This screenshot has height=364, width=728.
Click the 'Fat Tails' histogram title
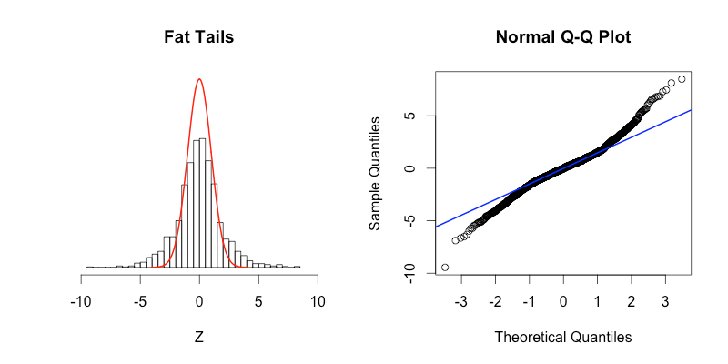pyautogui.click(x=199, y=38)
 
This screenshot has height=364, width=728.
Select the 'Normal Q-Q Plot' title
pyautogui.click(x=562, y=38)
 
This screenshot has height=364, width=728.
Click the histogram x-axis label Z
pyautogui.click(x=199, y=337)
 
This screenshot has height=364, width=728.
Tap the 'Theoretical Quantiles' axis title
pyautogui.click(x=562, y=337)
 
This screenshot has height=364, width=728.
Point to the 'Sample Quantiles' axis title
pyautogui.click(x=375, y=170)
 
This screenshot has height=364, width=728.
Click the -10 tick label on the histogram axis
pyautogui.click(x=79, y=301)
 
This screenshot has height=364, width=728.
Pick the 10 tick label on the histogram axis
pyautogui.click(x=318, y=301)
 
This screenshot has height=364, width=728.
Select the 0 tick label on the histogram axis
pyautogui.click(x=199, y=301)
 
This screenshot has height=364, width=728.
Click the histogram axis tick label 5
pyautogui.click(x=259, y=301)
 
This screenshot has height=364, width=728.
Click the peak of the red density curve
pyautogui.click(x=199, y=79)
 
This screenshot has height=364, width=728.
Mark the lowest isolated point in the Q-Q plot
pyautogui.click(x=445, y=268)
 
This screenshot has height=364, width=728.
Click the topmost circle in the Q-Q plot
pyautogui.click(x=682, y=79)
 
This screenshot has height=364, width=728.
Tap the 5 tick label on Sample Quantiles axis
pyautogui.click(x=411, y=116)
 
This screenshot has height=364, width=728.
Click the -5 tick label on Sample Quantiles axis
pyautogui.click(x=411, y=221)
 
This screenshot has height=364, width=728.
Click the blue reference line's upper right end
pyautogui.click(x=692, y=110)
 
